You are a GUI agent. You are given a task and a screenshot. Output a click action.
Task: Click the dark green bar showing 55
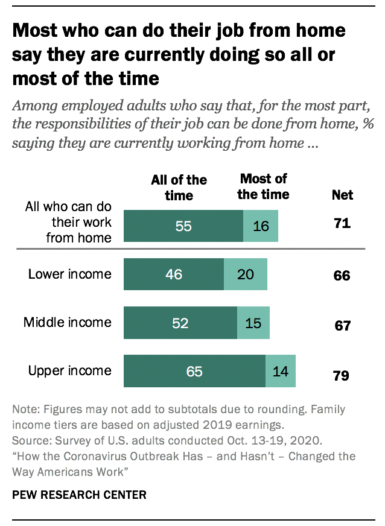pos(183,226)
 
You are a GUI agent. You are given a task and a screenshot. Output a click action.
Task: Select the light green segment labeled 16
pos(261,226)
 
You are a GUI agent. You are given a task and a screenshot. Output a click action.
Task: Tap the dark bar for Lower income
pos(173,274)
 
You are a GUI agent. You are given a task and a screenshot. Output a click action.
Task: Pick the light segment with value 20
pos(245,274)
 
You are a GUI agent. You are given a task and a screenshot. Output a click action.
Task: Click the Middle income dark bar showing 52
pos(180,323)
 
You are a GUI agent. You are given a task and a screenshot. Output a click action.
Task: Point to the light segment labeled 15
pos(253,323)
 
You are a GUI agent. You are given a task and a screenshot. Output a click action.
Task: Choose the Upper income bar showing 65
pos(194,371)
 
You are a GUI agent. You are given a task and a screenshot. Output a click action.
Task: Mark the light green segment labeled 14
pos(281,371)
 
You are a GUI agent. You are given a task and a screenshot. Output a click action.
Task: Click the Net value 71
pos(342,224)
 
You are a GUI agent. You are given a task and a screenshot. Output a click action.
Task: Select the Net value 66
pos(342,276)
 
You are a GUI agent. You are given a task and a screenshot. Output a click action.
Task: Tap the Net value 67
pos(342,326)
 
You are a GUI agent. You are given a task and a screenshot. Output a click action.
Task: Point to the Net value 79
pos(342,376)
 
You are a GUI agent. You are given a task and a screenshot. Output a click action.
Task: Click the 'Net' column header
pos(342,195)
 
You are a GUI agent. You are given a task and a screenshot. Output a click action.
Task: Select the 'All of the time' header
pos(179,187)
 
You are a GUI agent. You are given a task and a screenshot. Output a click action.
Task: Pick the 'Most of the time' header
pos(263,186)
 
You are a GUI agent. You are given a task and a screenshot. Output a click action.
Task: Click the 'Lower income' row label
pos(69,274)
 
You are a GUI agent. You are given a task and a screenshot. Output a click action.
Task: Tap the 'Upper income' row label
pos(69,370)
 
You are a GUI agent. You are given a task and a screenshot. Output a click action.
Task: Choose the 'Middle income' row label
pos(67,322)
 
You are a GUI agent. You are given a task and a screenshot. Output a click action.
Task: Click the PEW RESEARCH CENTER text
pos(79,495)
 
